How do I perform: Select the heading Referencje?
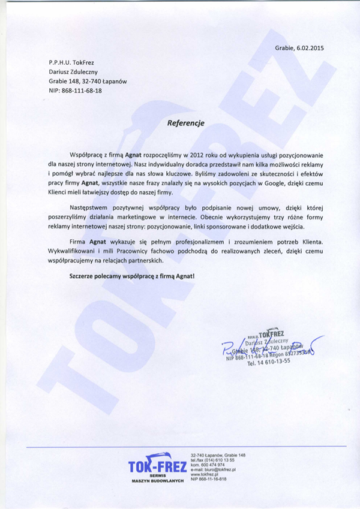186,123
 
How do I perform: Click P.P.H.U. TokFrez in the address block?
71,62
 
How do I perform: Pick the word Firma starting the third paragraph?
78,242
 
